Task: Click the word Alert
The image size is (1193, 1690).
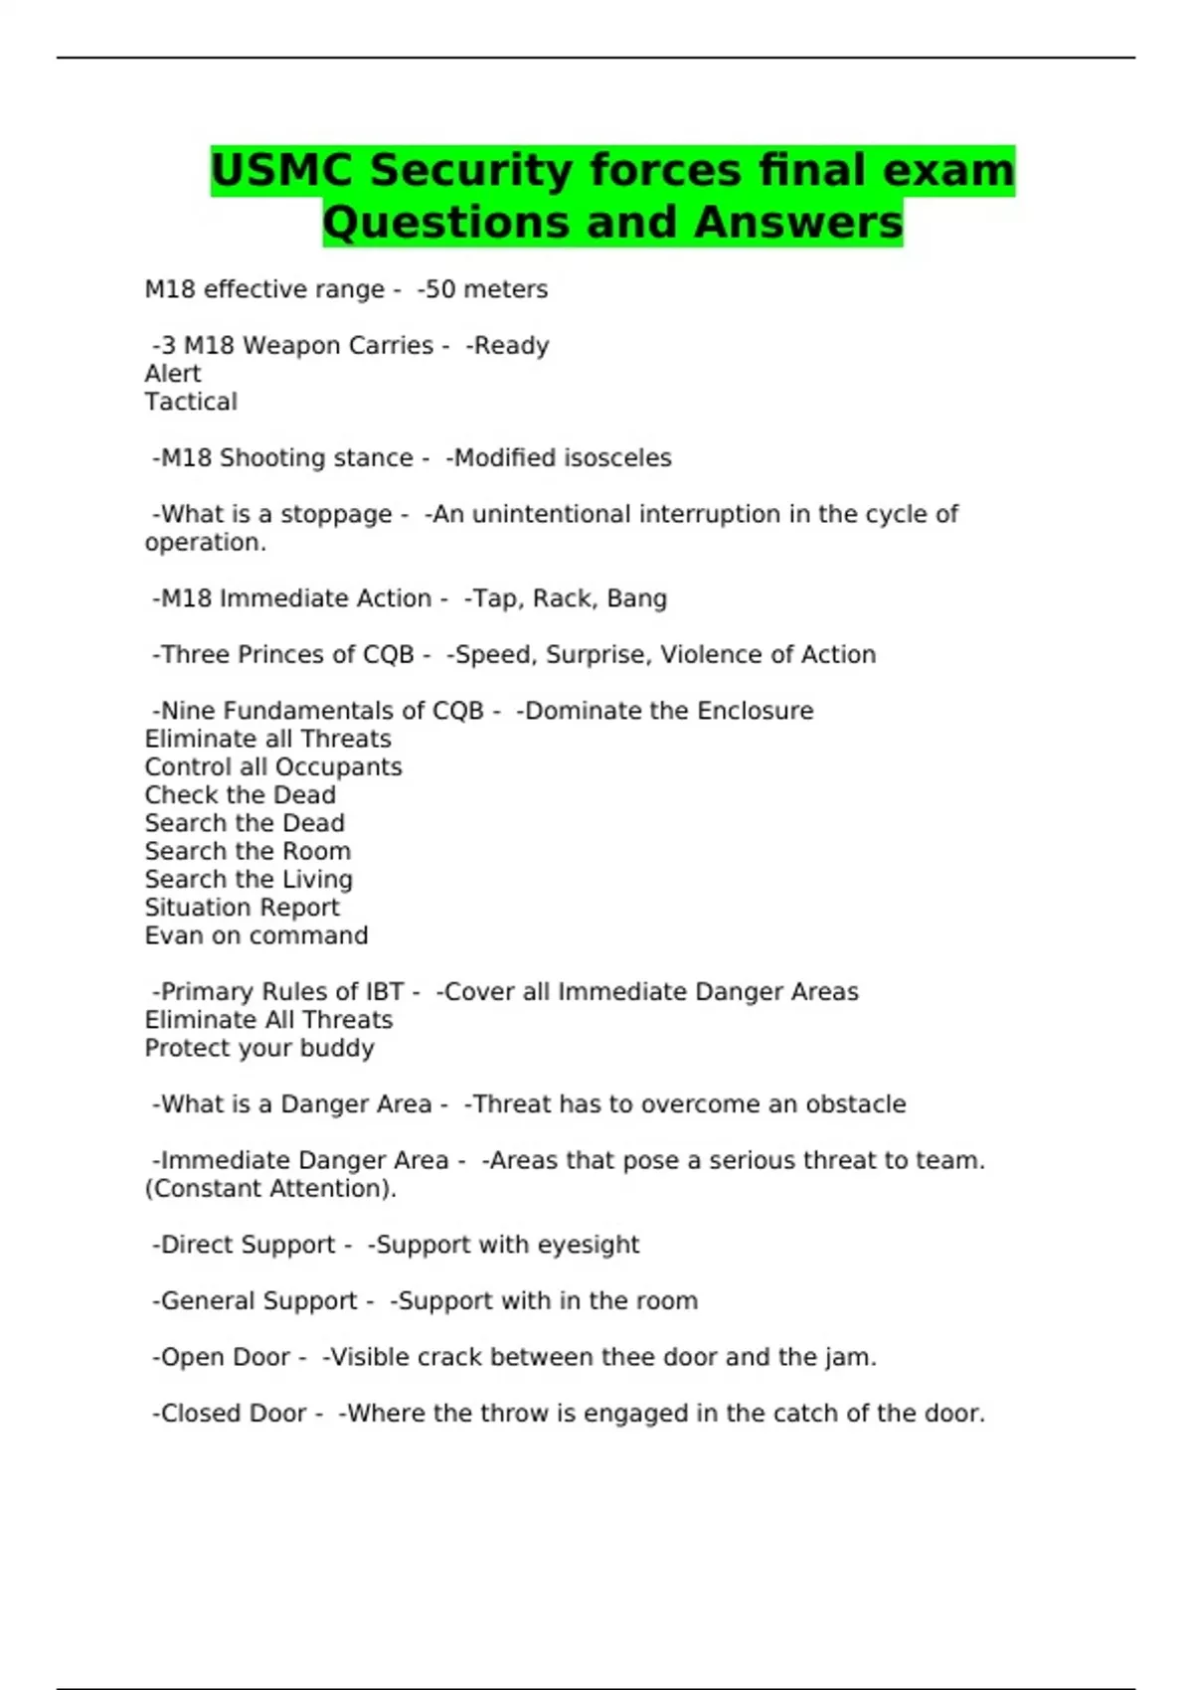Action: pos(173,374)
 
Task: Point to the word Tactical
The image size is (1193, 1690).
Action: pos(191,402)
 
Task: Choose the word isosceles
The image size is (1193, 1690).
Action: pos(617,458)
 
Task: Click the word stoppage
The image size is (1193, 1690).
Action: pos(337,515)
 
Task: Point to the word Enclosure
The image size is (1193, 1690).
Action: pos(755,711)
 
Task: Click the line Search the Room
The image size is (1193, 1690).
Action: pos(248,852)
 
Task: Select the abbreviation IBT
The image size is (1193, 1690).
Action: pos(385,992)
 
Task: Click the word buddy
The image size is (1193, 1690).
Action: pos(337,1049)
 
